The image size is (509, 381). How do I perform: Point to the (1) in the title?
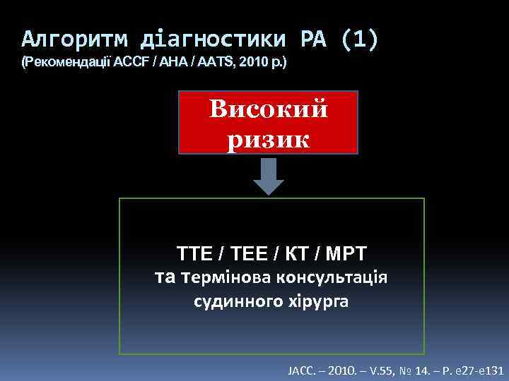pos(360,39)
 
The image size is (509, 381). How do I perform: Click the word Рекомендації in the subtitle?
pos(66,63)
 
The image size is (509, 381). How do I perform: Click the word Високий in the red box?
pos(269,110)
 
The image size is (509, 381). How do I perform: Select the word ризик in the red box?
pos(269,138)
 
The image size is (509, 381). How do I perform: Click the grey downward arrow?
pos(269,176)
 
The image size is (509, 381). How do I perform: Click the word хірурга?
pos(317,301)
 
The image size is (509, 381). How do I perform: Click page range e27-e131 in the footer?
pos(477,369)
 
